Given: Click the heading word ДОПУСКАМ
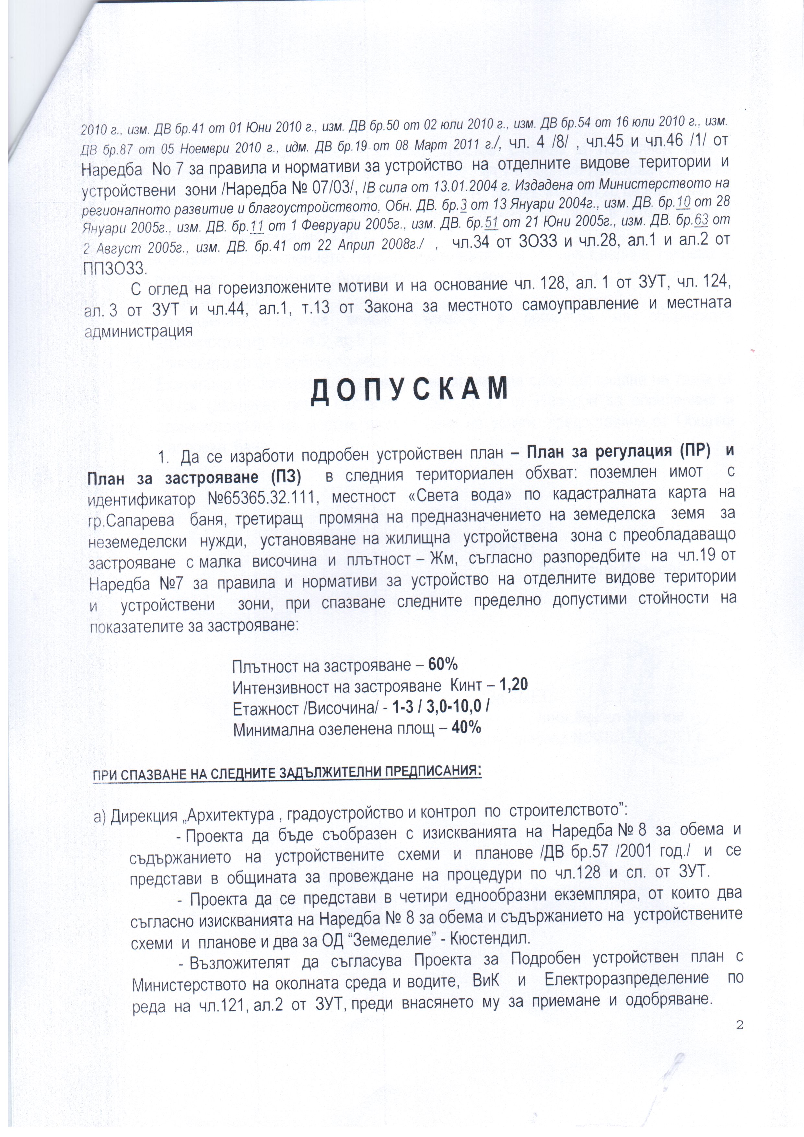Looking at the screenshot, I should (409, 389).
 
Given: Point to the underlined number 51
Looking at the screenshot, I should (491, 223).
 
